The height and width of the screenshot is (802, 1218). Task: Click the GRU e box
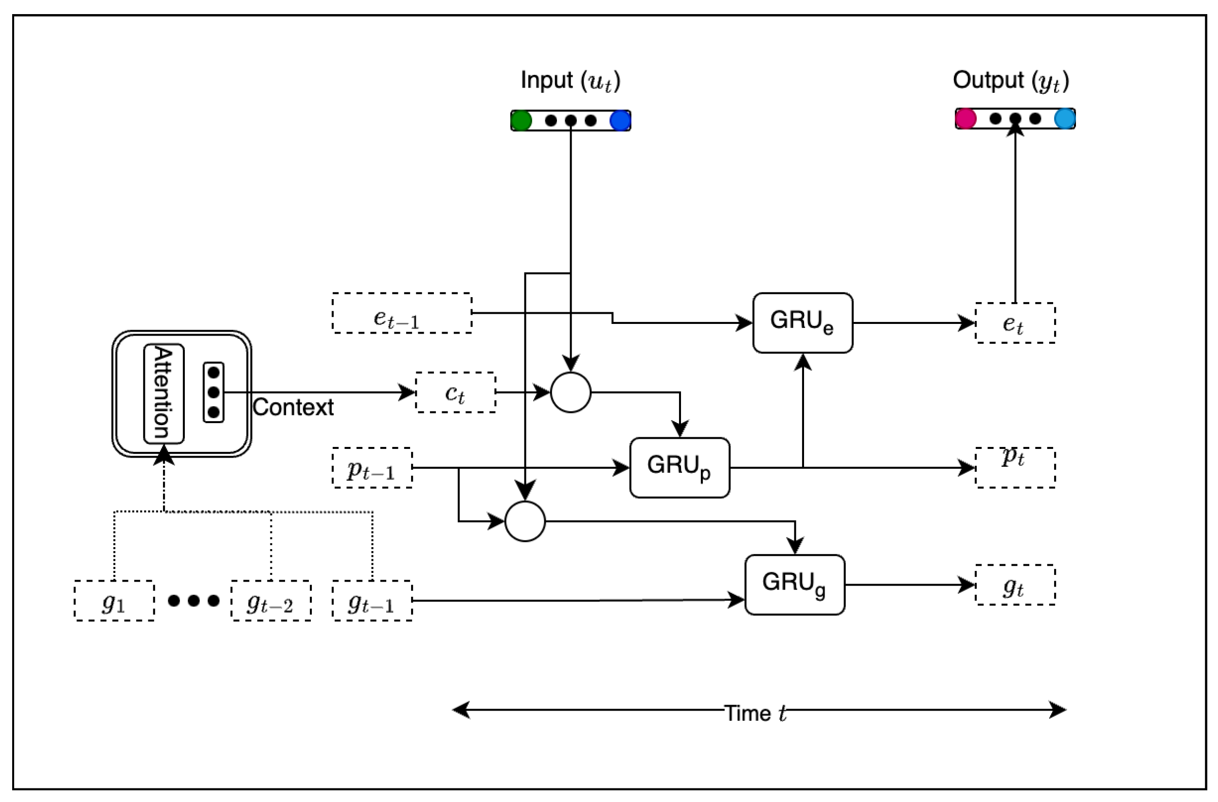click(x=803, y=323)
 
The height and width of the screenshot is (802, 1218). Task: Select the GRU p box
click(x=679, y=467)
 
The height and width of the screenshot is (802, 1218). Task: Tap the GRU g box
click(x=794, y=585)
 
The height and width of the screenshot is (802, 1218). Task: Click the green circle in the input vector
click(x=521, y=121)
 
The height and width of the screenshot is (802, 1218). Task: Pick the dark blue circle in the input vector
click(x=620, y=121)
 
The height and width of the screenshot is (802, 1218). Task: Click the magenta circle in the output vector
click(x=965, y=119)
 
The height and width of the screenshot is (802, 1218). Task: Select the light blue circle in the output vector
click(x=1064, y=119)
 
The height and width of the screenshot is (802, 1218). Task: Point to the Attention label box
click(x=164, y=393)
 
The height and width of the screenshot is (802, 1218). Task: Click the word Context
click(x=293, y=408)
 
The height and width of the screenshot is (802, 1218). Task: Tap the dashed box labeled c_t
click(x=455, y=392)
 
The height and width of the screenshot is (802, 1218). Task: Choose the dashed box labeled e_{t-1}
click(x=402, y=313)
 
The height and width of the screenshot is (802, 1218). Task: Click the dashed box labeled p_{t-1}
click(x=372, y=468)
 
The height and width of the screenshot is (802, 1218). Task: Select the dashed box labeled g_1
click(x=114, y=601)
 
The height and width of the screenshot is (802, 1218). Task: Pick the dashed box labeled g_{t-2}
click(x=271, y=601)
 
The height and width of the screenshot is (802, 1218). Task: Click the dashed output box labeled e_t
click(x=1014, y=323)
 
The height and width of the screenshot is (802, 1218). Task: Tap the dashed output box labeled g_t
click(x=1014, y=585)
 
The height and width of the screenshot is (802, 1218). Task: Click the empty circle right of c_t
click(x=571, y=392)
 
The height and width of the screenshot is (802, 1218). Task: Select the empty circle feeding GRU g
click(x=524, y=521)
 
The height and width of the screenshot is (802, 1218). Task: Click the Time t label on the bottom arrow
click(x=755, y=713)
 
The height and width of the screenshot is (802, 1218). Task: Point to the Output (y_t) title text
click(x=1010, y=81)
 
